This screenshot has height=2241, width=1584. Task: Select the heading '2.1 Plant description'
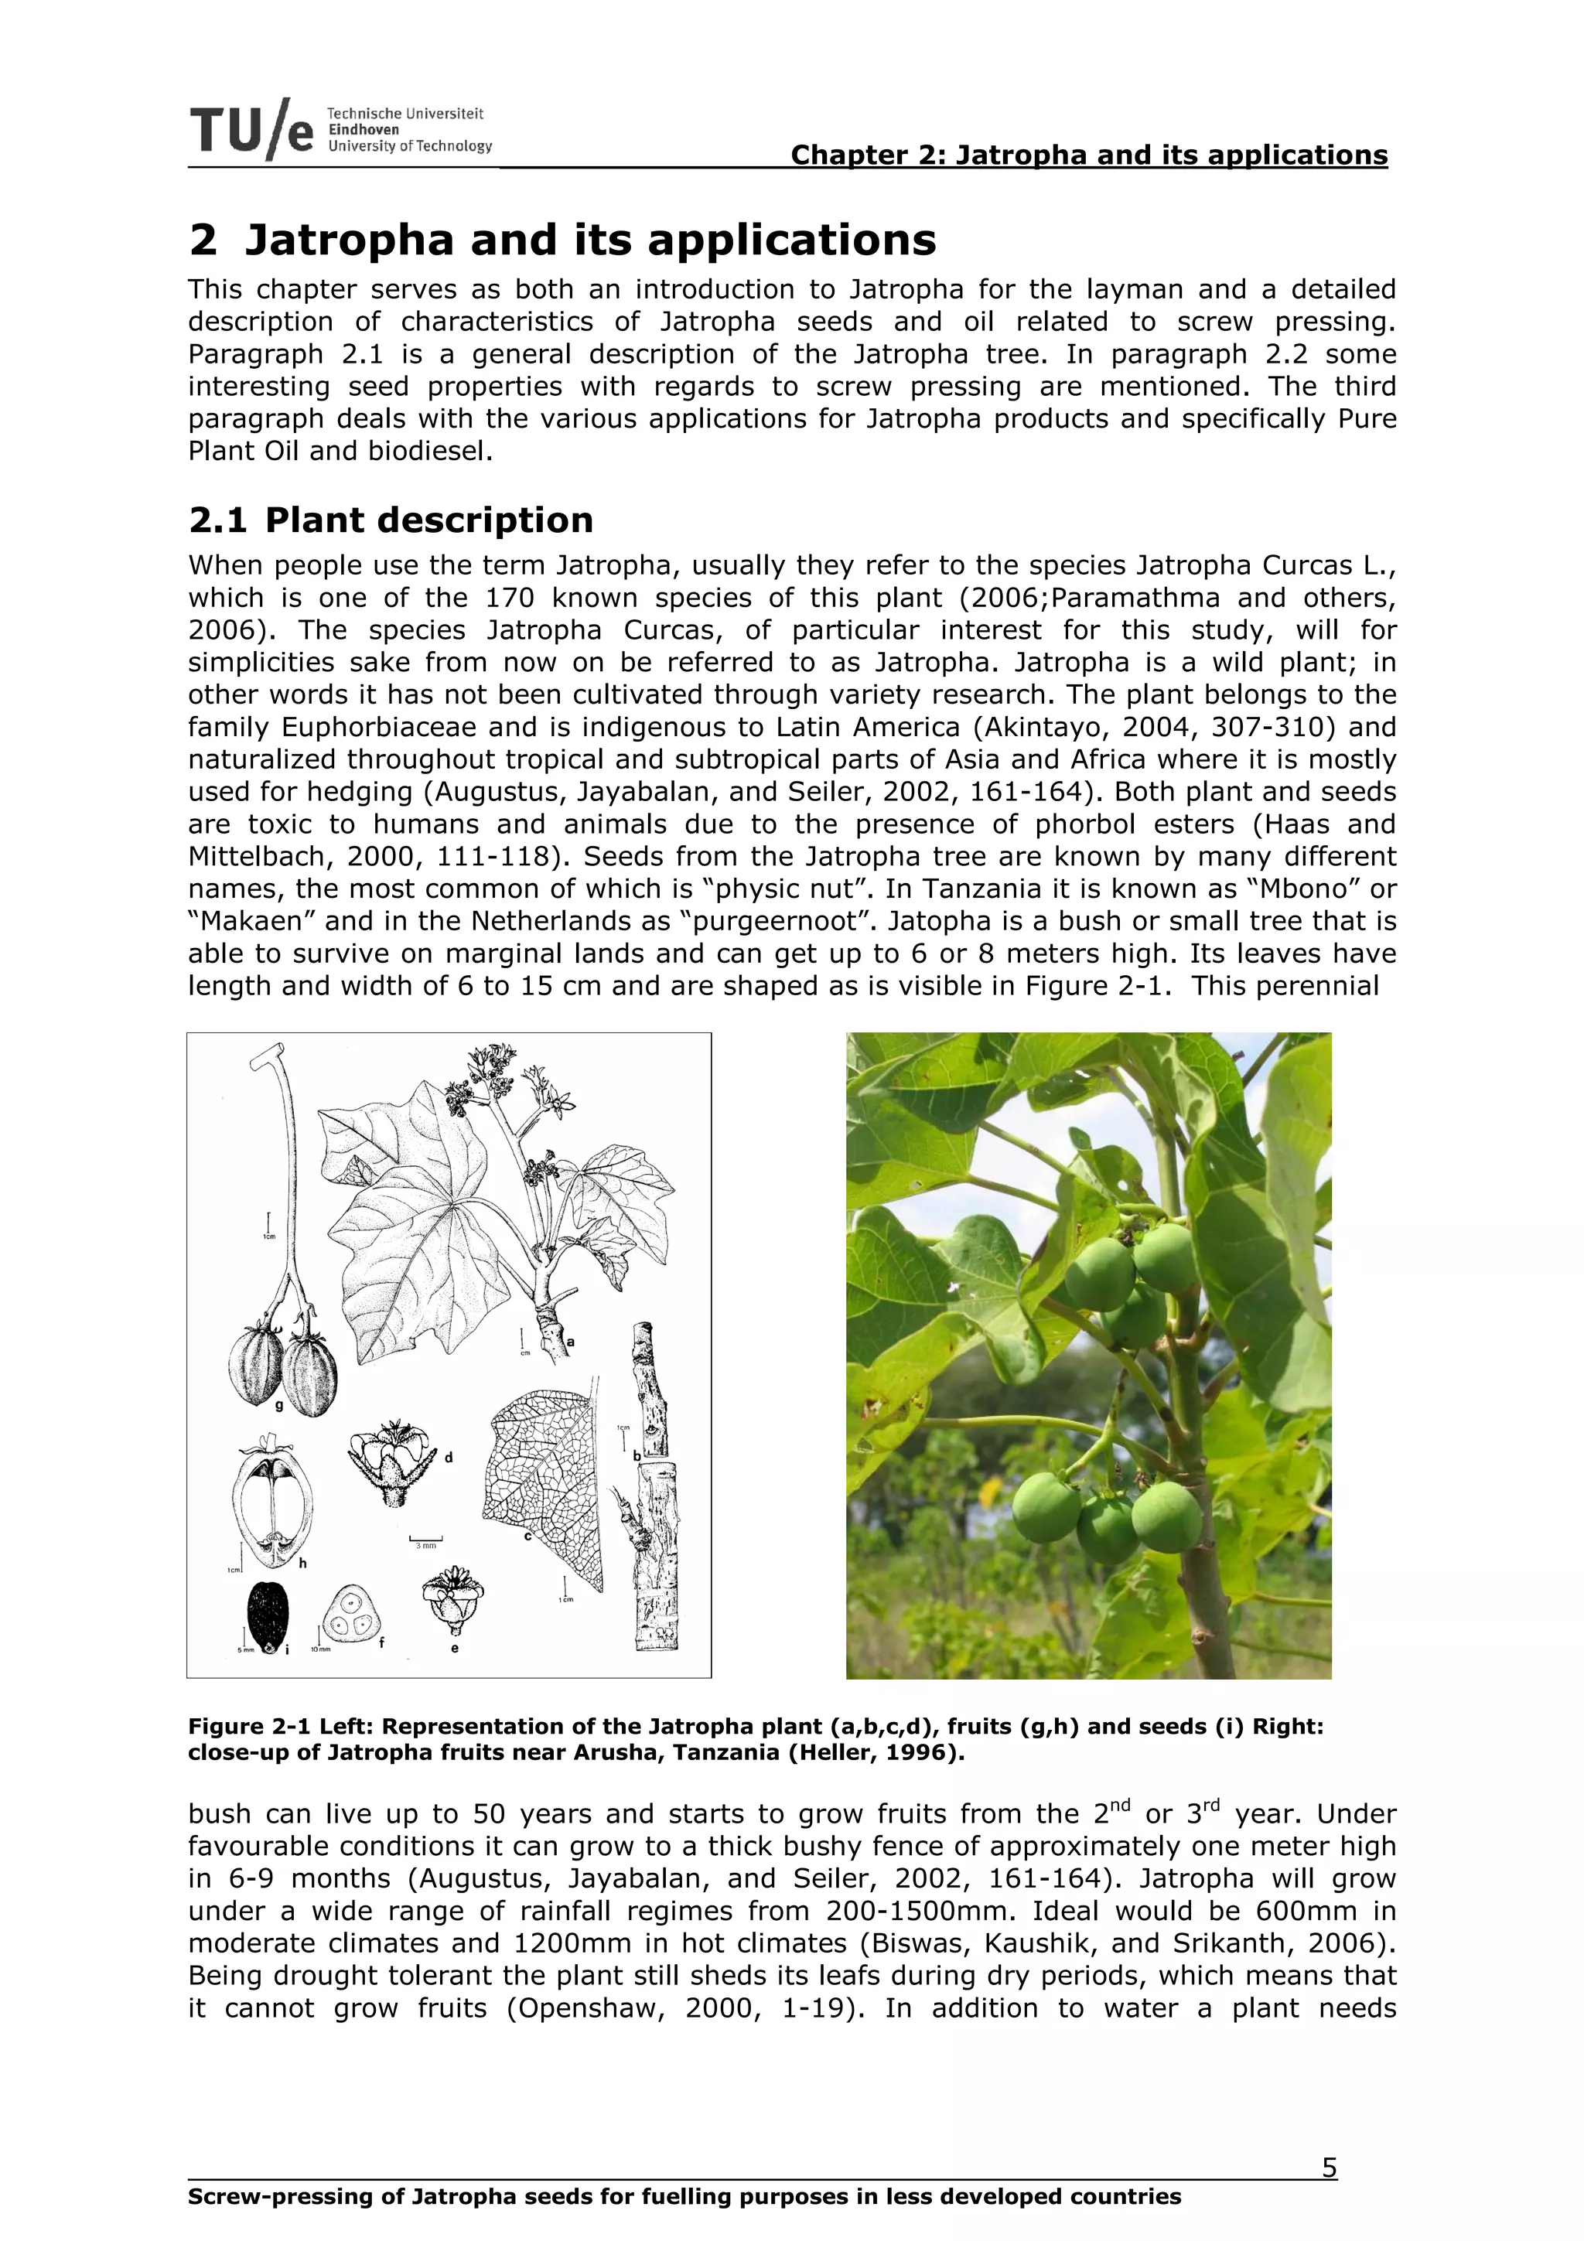(x=391, y=520)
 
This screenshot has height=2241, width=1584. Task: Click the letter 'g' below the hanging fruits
(x=279, y=1407)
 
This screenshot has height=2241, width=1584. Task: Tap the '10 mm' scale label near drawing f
(x=321, y=1649)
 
